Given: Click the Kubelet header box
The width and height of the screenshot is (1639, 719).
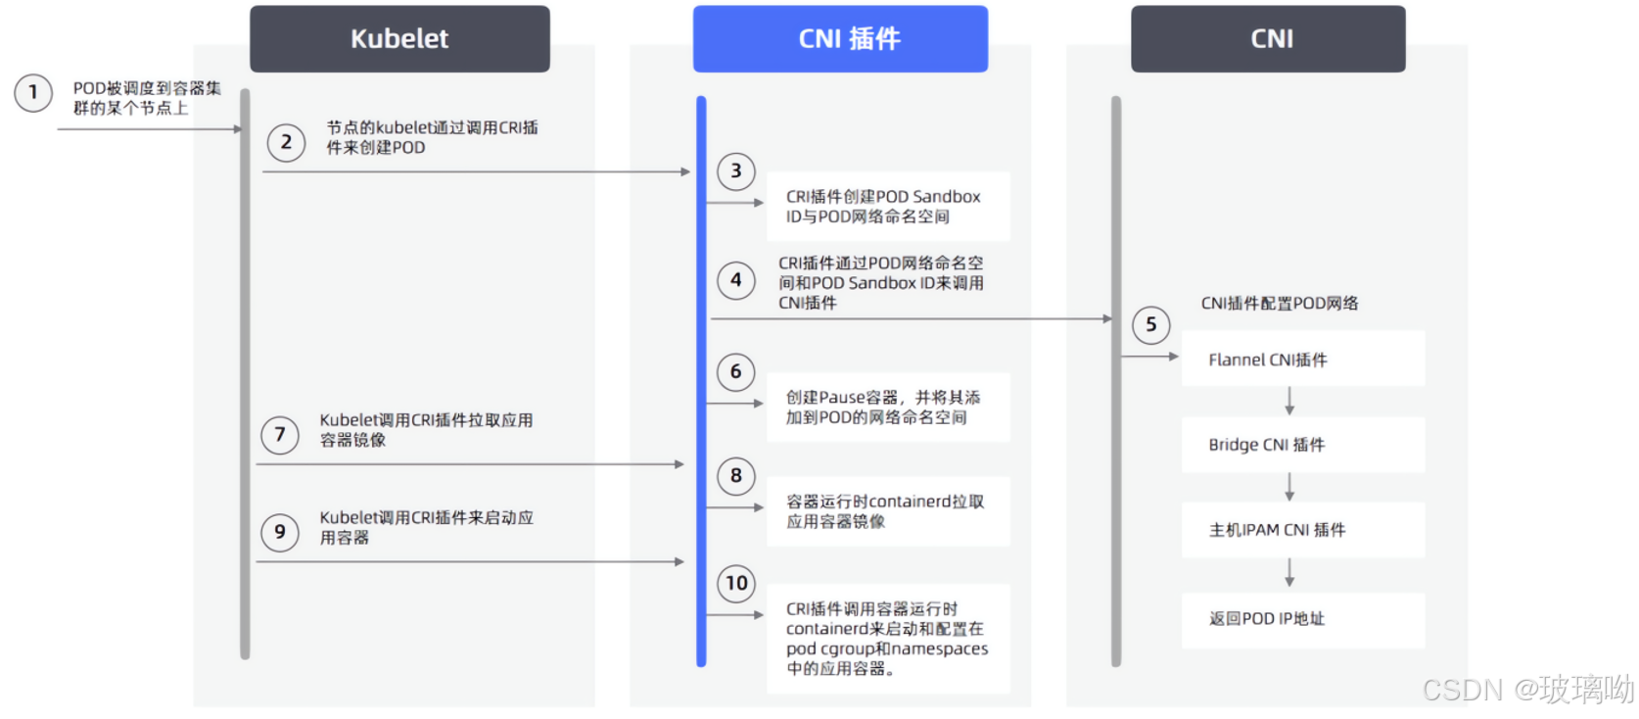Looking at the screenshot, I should coord(399,39).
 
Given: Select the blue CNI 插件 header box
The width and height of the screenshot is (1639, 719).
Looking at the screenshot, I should coord(840,39).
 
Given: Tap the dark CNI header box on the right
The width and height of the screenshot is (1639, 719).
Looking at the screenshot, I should coord(1268,39).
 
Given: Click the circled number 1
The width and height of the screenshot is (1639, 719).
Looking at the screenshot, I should coord(33,93).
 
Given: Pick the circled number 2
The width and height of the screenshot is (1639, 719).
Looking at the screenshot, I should coord(286,142).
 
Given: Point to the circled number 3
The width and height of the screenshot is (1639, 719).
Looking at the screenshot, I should coord(736,171).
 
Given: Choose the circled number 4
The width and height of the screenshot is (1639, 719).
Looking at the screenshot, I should coord(736,280).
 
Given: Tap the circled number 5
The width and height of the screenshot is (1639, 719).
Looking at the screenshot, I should coord(1151,325).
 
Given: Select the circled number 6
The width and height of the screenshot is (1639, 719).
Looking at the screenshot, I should coord(736,372).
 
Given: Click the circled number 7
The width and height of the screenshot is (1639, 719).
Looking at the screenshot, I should coord(280,434).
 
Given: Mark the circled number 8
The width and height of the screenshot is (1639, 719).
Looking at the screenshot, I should coord(736,476).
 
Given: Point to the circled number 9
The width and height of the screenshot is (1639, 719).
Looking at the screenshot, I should coord(280,532).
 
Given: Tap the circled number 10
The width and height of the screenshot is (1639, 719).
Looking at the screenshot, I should coord(736,584).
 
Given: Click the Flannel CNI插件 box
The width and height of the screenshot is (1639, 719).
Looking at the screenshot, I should coord(1302,359).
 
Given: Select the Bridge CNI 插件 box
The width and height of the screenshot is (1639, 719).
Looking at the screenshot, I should coord(1302,445).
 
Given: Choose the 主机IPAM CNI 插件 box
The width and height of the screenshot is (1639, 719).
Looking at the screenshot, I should coord(1302,530).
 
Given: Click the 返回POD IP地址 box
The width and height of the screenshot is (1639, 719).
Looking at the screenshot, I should coord(1302,619).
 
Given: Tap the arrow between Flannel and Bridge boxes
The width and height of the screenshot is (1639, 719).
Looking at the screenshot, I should coord(1289,402).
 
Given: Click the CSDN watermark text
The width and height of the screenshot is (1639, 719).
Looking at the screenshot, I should coord(1527,690).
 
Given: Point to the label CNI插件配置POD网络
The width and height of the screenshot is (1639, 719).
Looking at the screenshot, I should coord(1280,304).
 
